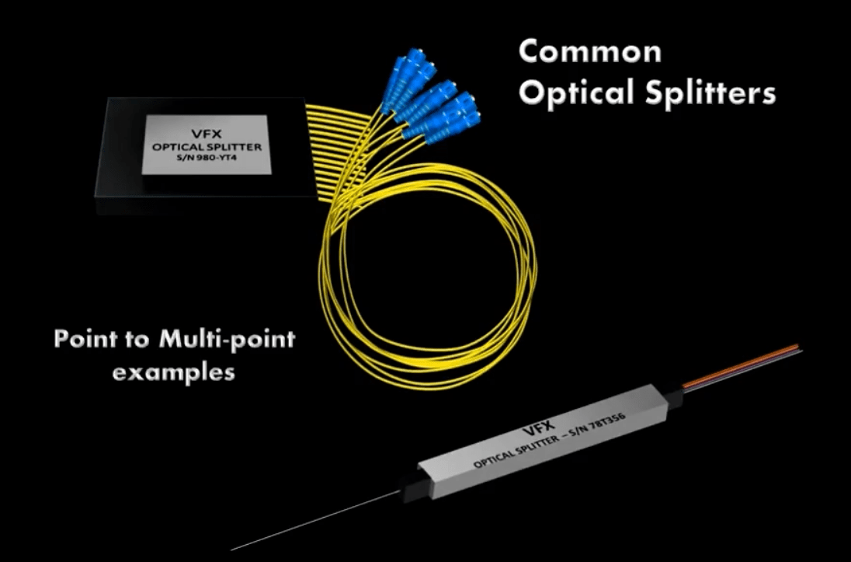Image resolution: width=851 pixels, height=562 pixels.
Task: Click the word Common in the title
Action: [590, 51]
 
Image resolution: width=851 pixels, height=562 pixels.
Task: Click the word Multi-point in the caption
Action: [228, 340]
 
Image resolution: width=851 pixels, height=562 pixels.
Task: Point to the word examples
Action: [174, 373]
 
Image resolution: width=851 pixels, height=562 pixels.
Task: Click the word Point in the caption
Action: [85, 339]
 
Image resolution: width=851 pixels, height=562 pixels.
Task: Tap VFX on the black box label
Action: [207, 134]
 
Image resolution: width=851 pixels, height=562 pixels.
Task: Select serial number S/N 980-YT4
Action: [206, 159]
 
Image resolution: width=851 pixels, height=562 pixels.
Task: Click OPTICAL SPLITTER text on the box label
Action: [207, 147]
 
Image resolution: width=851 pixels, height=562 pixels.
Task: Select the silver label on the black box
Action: [207, 145]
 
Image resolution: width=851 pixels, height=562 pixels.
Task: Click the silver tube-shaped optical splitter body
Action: [544, 440]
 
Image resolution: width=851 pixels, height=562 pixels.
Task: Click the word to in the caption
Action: [138, 340]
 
